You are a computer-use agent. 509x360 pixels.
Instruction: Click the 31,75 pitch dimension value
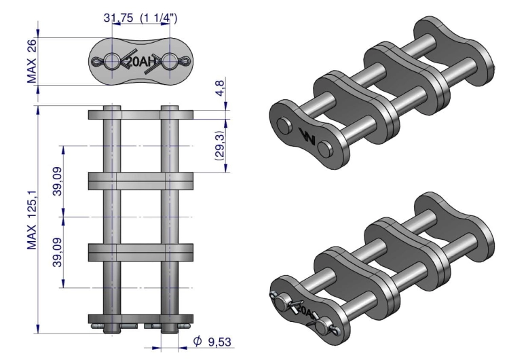(x=118, y=18)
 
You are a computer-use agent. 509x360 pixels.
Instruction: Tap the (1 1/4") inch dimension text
(x=159, y=18)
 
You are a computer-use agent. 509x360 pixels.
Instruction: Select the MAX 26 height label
(x=32, y=61)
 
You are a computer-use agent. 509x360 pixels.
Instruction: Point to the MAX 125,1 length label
(x=32, y=220)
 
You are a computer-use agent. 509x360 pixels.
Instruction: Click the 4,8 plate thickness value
(x=220, y=88)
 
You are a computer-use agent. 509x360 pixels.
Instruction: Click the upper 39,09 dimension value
(x=58, y=181)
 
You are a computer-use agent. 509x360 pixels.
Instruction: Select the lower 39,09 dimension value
(x=58, y=252)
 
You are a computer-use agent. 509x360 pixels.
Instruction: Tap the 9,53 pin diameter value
(x=219, y=342)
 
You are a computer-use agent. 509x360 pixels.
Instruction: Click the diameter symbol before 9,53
(x=197, y=341)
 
